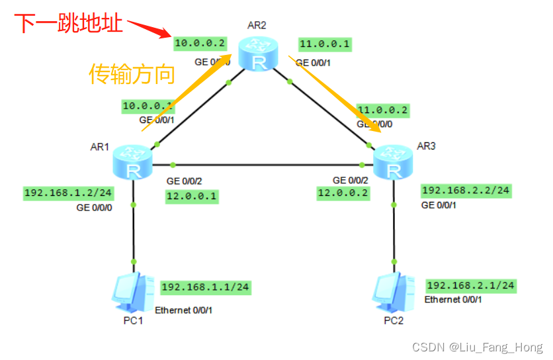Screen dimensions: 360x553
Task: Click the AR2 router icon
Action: tap(259, 54)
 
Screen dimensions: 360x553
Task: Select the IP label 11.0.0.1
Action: tap(325, 44)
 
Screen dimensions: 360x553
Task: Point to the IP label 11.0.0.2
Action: tap(382, 110)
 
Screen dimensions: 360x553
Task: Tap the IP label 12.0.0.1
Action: tap(191, 196)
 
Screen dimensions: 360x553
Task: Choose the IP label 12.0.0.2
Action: tap(343, 193)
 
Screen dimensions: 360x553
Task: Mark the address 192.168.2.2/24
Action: tap(466, 191)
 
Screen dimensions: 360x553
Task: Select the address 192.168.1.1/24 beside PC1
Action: tap(205, 287)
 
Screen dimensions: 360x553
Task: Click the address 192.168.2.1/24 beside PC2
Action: tap(470, 286)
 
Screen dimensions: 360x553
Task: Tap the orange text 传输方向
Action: tap(132, 74)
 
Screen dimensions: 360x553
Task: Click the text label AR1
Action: tap(99, 147)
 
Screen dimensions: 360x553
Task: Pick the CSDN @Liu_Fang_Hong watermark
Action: tap(476, 347)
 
